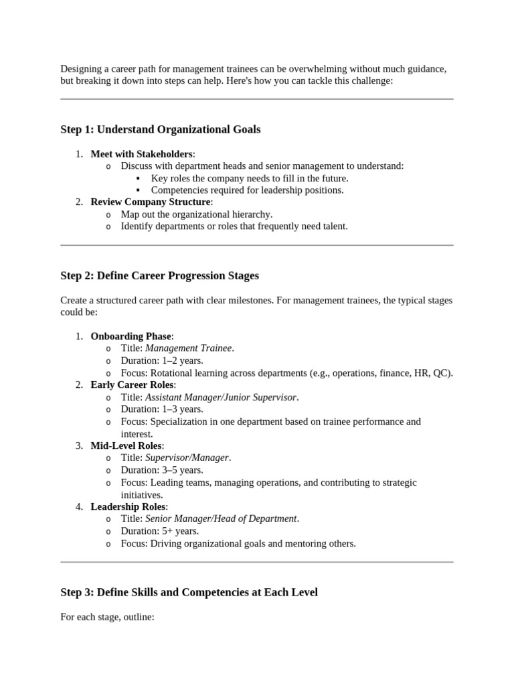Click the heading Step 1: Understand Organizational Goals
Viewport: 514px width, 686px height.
[x=161, y=129]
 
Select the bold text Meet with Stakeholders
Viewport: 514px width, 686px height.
[x=142, y=154]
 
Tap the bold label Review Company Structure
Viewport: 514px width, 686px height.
[x=151, y=202]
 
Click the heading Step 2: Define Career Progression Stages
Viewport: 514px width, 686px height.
[x=159, y=275]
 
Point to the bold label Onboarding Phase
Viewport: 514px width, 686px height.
[x=131, y=336]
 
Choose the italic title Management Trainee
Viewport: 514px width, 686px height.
[x=189, y=348]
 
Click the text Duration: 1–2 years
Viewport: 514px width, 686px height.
[x=162, y=360]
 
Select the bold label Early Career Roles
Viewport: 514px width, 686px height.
[x=133, y=385]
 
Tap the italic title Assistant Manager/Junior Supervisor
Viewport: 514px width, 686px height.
[x=221, y=397]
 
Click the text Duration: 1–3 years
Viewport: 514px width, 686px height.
[x=162, y=409]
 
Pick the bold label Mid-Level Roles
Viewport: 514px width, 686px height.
[x=126, y=445]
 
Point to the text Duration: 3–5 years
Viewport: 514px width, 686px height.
[x=162, y=470]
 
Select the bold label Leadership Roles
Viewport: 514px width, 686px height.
[x=129, y=506]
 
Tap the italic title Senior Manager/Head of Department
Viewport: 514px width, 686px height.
[x=221, y=519]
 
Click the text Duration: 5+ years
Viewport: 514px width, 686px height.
[x=159, y=531]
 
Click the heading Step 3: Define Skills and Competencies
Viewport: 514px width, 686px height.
[x=189, y=592]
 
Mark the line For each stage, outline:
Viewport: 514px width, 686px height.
[x=107, y=616]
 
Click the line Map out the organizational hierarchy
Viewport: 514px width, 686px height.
[x=196, y=214]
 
